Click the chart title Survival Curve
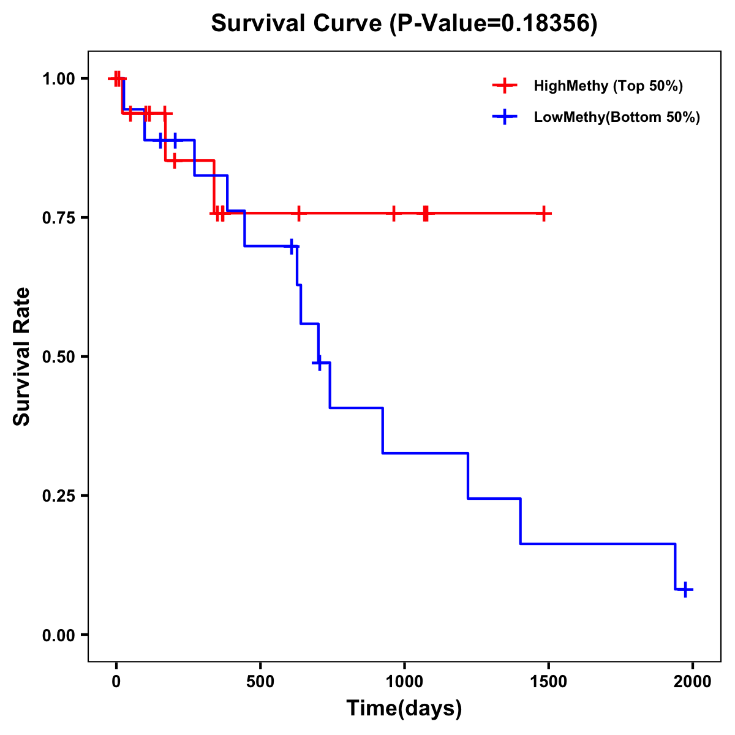[x=298, y=24]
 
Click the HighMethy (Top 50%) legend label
[x=608, y=86]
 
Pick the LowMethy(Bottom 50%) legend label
[x=617, y=117]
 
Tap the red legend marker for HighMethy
[x=505, y=86]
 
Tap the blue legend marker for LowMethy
[x=505, y=117]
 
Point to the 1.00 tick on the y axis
[x=58, y=78]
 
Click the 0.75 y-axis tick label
[x=58, y=217]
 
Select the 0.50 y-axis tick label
[x=58, y=356]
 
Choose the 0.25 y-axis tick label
[x=58, y=496]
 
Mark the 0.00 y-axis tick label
[x=58, y=635]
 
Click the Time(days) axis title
[x=404, y=709]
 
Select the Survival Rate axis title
[x=22, y=356]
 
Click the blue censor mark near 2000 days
[x=686, y=589]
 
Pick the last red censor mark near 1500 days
[x=543, y=213]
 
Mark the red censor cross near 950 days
[x=394, y=213]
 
